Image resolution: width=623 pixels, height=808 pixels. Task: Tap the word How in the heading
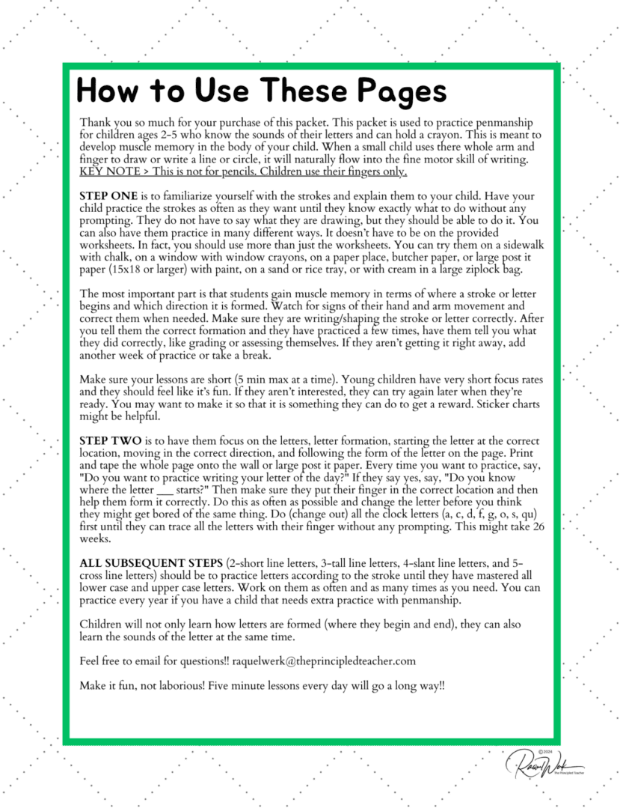coord(105,91)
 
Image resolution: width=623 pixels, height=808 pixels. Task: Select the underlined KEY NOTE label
coord(104,171)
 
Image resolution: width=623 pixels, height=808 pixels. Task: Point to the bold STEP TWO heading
coord(108,441)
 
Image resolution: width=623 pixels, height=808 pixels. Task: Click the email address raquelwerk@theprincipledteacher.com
coord(324,661)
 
